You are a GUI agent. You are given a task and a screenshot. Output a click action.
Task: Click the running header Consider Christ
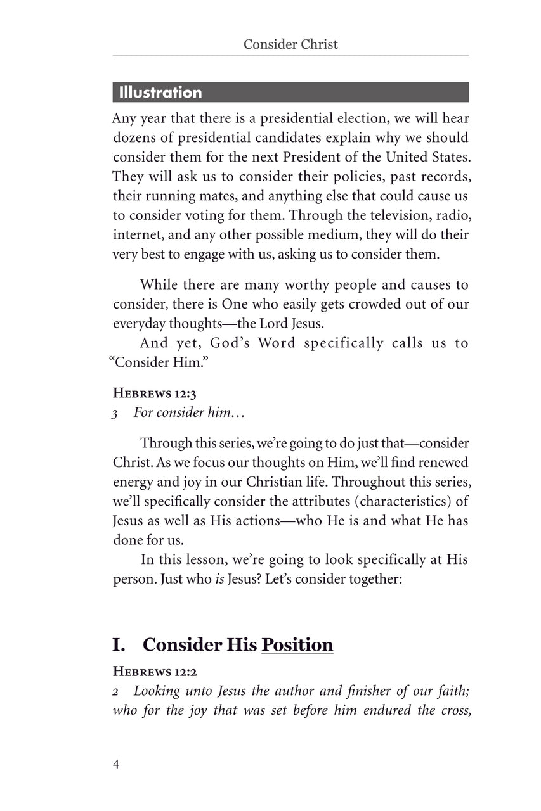[291, 44]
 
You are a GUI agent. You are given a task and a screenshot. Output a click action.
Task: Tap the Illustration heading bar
[290, 93]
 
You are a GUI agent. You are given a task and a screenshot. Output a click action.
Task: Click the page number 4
[116, 763]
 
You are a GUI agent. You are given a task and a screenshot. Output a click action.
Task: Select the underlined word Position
[297, 645]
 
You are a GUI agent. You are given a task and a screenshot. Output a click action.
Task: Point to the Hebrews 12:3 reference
[145, 394]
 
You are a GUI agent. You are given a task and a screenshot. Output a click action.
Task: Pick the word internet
[133, 235]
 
